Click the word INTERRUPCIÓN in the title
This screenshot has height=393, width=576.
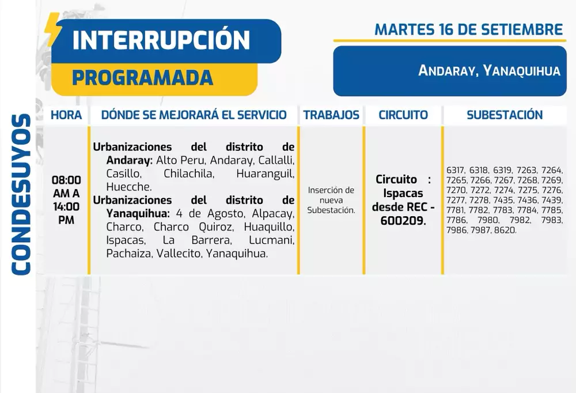point(161,39)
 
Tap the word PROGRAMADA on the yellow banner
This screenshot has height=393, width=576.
point(143,77)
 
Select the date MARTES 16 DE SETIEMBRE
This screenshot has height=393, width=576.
point(468,29)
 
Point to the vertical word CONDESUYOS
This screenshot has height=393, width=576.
point(21,194)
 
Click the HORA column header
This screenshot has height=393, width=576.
point(66,115)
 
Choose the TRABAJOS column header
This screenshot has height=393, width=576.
point(331,115)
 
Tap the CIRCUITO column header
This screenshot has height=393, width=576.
point(403,115)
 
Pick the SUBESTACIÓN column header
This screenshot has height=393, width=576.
point(505,115)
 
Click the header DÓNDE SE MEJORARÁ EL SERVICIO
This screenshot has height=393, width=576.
point(194,115)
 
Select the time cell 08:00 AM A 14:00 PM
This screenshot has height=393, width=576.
point(66,200)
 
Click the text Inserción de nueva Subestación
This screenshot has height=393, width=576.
point(331,200)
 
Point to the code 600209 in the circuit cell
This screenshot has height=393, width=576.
point(403,221)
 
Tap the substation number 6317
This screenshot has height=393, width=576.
point(455,170)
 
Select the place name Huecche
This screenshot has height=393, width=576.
point(129,187)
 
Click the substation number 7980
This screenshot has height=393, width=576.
point(488,220)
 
